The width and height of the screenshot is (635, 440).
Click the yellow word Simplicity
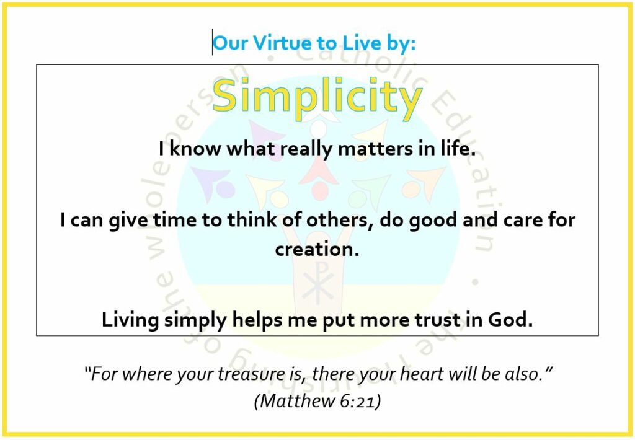point(317,97)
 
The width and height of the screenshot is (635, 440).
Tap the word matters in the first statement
point(375,149)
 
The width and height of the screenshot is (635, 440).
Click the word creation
point(317,249)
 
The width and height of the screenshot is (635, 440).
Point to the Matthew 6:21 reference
point(317,401)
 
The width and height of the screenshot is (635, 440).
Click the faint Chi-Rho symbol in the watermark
point(318,283)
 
